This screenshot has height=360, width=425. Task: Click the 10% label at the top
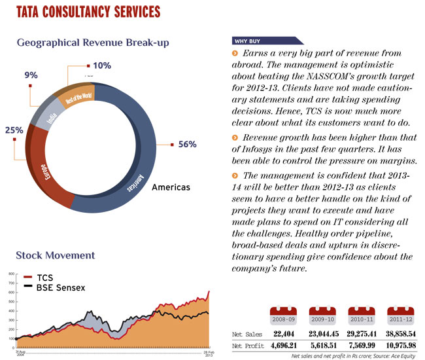[x=102, y=65]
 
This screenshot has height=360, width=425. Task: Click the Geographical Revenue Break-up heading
[x=93, y=43]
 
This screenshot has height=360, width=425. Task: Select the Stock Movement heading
[x=55, y=255]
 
